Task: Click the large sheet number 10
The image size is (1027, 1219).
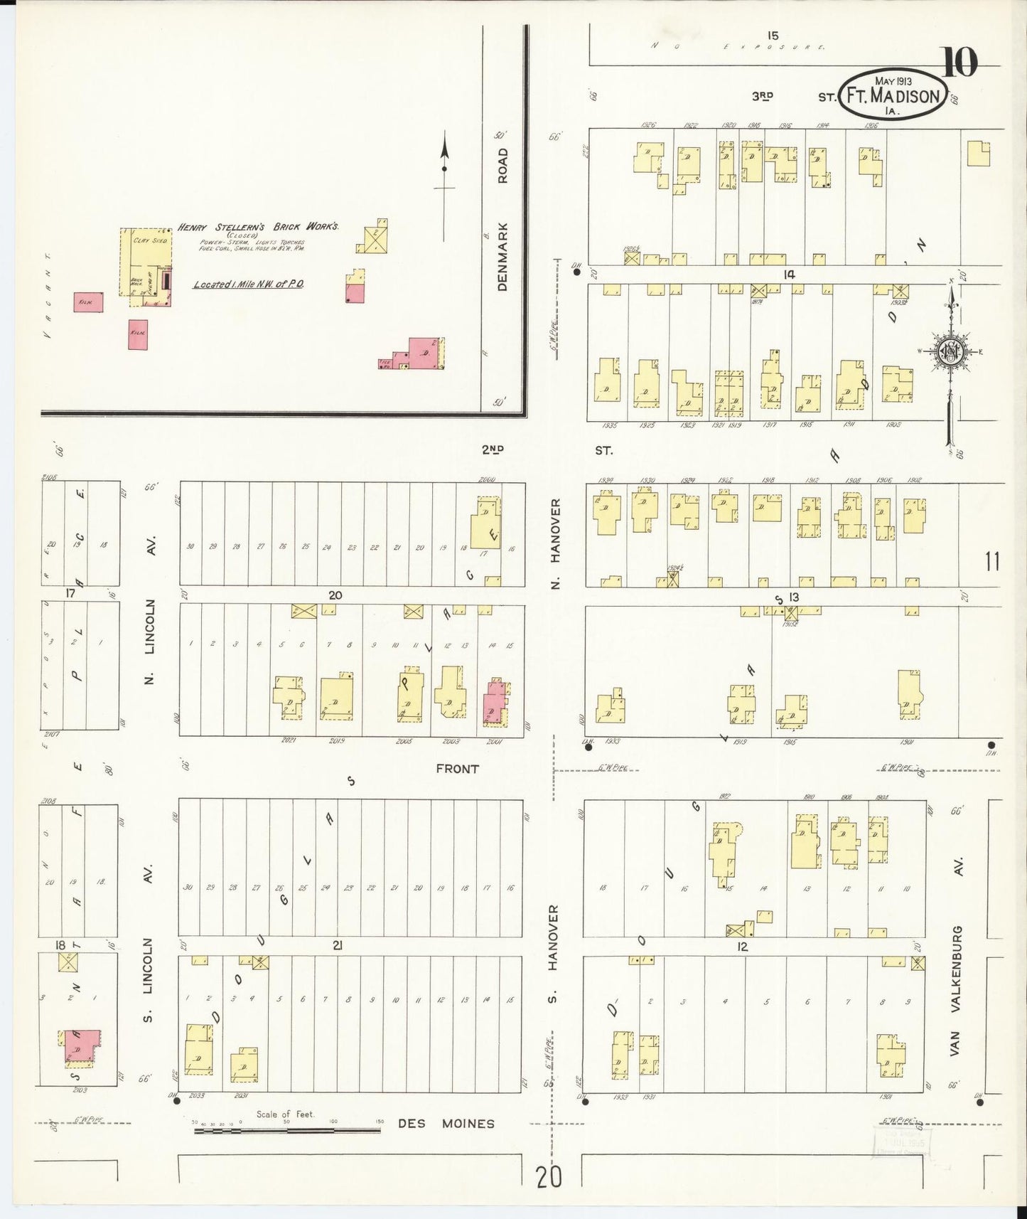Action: (x=960, y=63)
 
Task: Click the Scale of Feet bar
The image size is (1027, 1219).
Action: (x=286, y=1129)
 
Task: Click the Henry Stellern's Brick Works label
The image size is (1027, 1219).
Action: (x=258, y=227)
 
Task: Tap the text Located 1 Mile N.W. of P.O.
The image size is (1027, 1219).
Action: (x=249, y=284)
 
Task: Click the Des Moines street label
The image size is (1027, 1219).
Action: (x=446, y=1124)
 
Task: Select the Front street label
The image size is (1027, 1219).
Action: (x=457, y=769)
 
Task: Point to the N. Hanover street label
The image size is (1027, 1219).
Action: (x=556, y=542)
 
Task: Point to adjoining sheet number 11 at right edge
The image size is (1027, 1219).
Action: (x=992, y=561)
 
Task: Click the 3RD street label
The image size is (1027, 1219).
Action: (x=763, y=96)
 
